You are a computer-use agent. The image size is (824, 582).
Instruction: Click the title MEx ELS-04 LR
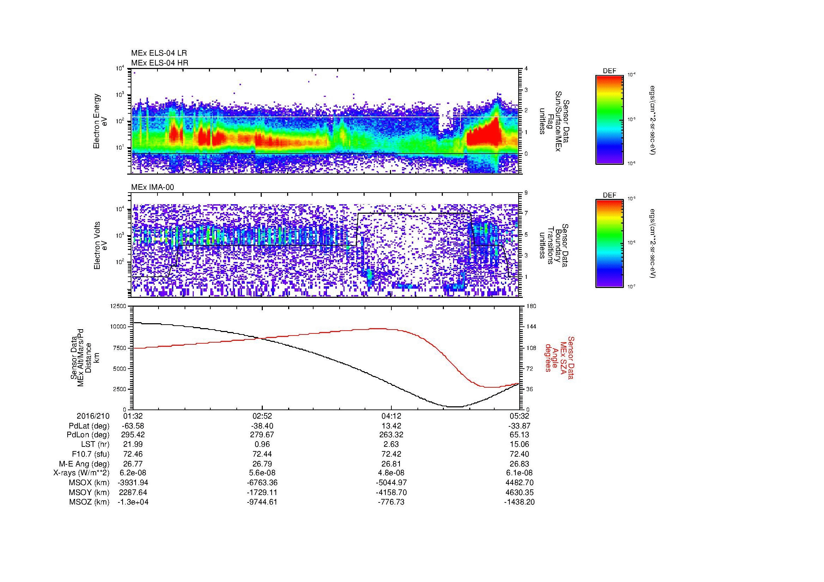(x=159, y=53)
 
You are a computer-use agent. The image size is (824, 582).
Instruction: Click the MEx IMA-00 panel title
(x=153, y=187)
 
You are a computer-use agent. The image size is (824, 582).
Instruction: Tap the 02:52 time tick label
(x=262, y=416)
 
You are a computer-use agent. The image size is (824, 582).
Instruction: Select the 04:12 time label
(x=391, y=416)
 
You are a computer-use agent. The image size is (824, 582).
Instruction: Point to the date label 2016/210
(x=93, y=416)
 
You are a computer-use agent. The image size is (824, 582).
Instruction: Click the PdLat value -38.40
(x=262, y=426)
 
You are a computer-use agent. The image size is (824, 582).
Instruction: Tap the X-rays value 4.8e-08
(x=391, y=473)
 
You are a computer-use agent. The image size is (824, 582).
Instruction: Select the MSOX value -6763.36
(x=262, y=483)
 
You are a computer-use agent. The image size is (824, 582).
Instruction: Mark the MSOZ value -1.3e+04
(x=133, y=502)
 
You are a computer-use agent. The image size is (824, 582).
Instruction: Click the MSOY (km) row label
(x=89, y=492)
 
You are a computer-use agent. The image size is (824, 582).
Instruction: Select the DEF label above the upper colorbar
(x=609, y=71)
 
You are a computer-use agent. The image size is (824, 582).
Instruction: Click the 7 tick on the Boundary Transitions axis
(x=526, y=213)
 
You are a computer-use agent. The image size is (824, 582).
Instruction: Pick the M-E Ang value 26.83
(x=519, y=464)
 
